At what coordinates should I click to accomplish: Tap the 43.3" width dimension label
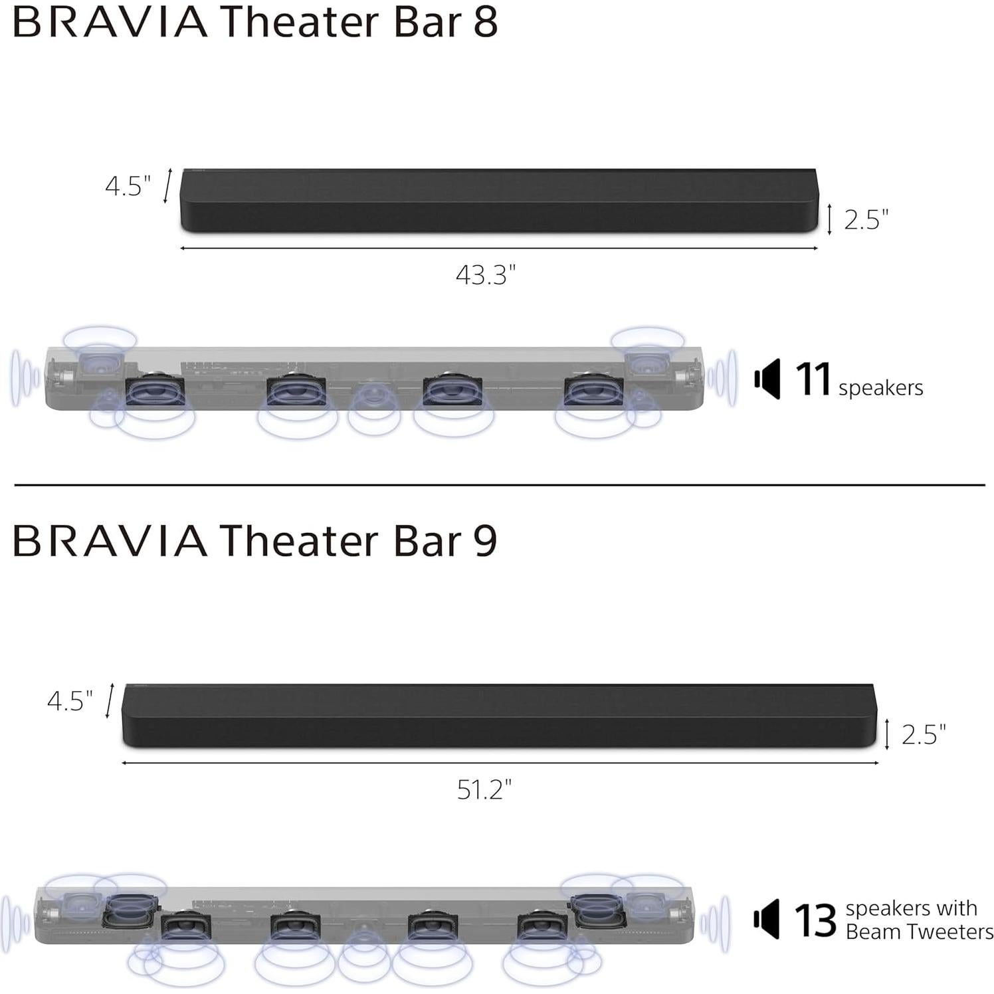click(x=485, y=274)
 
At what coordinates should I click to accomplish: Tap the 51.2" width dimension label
click(x=484, y=789)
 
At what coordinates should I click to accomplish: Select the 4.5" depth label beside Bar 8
click(x=128, y=186)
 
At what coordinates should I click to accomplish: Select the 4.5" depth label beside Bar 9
click(x=70, y=700)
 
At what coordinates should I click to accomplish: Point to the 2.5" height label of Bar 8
click(x=866, y=220)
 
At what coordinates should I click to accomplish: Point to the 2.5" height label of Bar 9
click(x=923, y=734)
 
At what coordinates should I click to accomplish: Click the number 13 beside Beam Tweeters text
click(x=815, y=920)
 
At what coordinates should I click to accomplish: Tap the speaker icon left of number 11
click(x=767, y=379)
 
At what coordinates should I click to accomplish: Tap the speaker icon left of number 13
click(x=767, y=920)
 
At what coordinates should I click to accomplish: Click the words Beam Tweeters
click(x=919, y=932)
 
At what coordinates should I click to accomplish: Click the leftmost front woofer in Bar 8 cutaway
click(x=155, y=391)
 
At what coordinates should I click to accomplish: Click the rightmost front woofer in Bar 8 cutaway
click(x=593, y=391)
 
